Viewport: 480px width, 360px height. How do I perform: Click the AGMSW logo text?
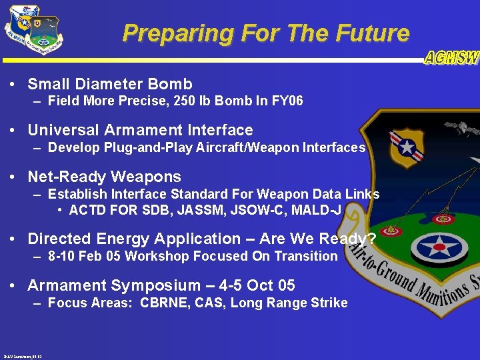pyautogui.click(x=452, y=58)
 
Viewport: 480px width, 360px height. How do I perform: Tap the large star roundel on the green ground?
pyautogui.click(x=444, y=247)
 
